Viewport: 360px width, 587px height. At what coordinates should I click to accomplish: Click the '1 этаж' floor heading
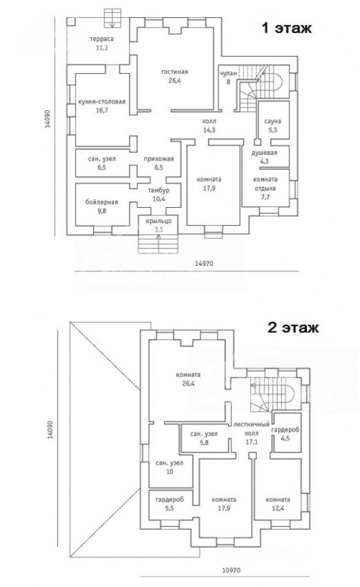(287, 28)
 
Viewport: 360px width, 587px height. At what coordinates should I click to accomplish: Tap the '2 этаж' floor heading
(293, 327)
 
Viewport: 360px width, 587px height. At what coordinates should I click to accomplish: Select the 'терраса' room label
(102, 39)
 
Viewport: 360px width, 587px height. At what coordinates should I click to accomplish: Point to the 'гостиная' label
(175, 72)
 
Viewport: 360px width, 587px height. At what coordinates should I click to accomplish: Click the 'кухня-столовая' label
(102, 102)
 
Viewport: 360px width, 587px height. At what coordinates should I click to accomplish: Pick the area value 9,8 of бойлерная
(102, 211)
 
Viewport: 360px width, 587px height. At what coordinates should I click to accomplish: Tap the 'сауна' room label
(272, 122)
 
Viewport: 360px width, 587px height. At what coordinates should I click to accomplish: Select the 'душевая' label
(265, 153)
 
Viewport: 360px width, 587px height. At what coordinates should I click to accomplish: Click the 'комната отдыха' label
(265, 184)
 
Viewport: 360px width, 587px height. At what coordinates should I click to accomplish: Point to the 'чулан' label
(229, 73)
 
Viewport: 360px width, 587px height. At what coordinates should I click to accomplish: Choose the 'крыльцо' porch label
(159, 221)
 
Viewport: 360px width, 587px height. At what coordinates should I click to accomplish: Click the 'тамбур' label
(159, 191)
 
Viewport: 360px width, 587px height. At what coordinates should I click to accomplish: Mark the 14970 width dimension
(204, 264)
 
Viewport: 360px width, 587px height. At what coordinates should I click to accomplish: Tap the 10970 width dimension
(231, 570)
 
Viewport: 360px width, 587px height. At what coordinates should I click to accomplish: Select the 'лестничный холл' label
(252, 429)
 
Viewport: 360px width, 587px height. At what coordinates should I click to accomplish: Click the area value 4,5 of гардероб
(285, 438)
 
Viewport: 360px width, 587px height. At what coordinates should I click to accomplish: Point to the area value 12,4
(278, 508)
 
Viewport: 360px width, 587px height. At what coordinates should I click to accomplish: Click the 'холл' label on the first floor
(209, 122)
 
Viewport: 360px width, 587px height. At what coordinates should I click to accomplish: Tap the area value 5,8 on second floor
(204, 443)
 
